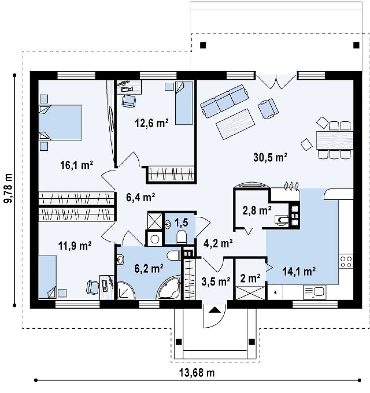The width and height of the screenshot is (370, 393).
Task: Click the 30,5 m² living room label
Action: coord(270,157)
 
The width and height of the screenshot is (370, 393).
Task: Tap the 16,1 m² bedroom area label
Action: coord(77,165)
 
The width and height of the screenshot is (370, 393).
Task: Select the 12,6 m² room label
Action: coord(151,123)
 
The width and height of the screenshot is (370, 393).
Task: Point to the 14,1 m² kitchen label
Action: coord(299,271)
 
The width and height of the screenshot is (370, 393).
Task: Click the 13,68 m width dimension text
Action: coord(197,373)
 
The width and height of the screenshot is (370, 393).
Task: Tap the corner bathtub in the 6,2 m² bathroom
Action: coord(169,288)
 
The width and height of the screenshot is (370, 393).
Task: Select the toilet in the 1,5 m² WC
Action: coord(182,237)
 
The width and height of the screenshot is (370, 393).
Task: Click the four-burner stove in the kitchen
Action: coord(346,262)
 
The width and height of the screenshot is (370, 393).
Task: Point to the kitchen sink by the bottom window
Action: coord(314,292)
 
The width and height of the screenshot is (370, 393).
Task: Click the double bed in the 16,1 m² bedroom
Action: coord(60,122)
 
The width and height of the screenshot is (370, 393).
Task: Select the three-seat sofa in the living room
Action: coord(225,101)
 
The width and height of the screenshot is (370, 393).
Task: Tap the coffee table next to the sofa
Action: coord(235,124)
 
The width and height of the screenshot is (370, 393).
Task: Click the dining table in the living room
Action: coord(335,141)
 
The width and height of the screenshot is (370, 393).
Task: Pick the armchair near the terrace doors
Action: coord(268,108)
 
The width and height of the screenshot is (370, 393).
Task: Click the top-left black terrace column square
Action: coord(203,46)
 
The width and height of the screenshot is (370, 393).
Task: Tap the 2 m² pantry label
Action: coord(250,278)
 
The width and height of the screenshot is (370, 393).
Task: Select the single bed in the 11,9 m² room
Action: coord(48,277)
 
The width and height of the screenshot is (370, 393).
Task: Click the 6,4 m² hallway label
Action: coord(141,197)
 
